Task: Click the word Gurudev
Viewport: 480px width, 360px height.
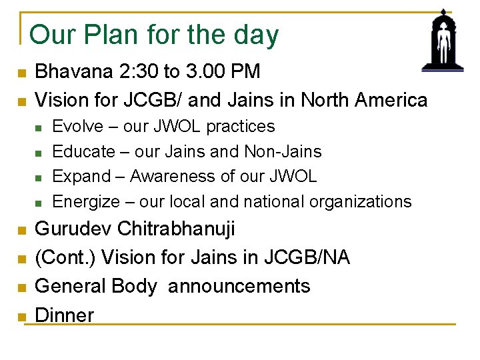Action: (73, 229)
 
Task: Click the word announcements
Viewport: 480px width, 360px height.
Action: (239, 286)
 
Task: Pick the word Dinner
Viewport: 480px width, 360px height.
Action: (64, 315)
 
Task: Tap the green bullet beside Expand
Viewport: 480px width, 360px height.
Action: (39, 177)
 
